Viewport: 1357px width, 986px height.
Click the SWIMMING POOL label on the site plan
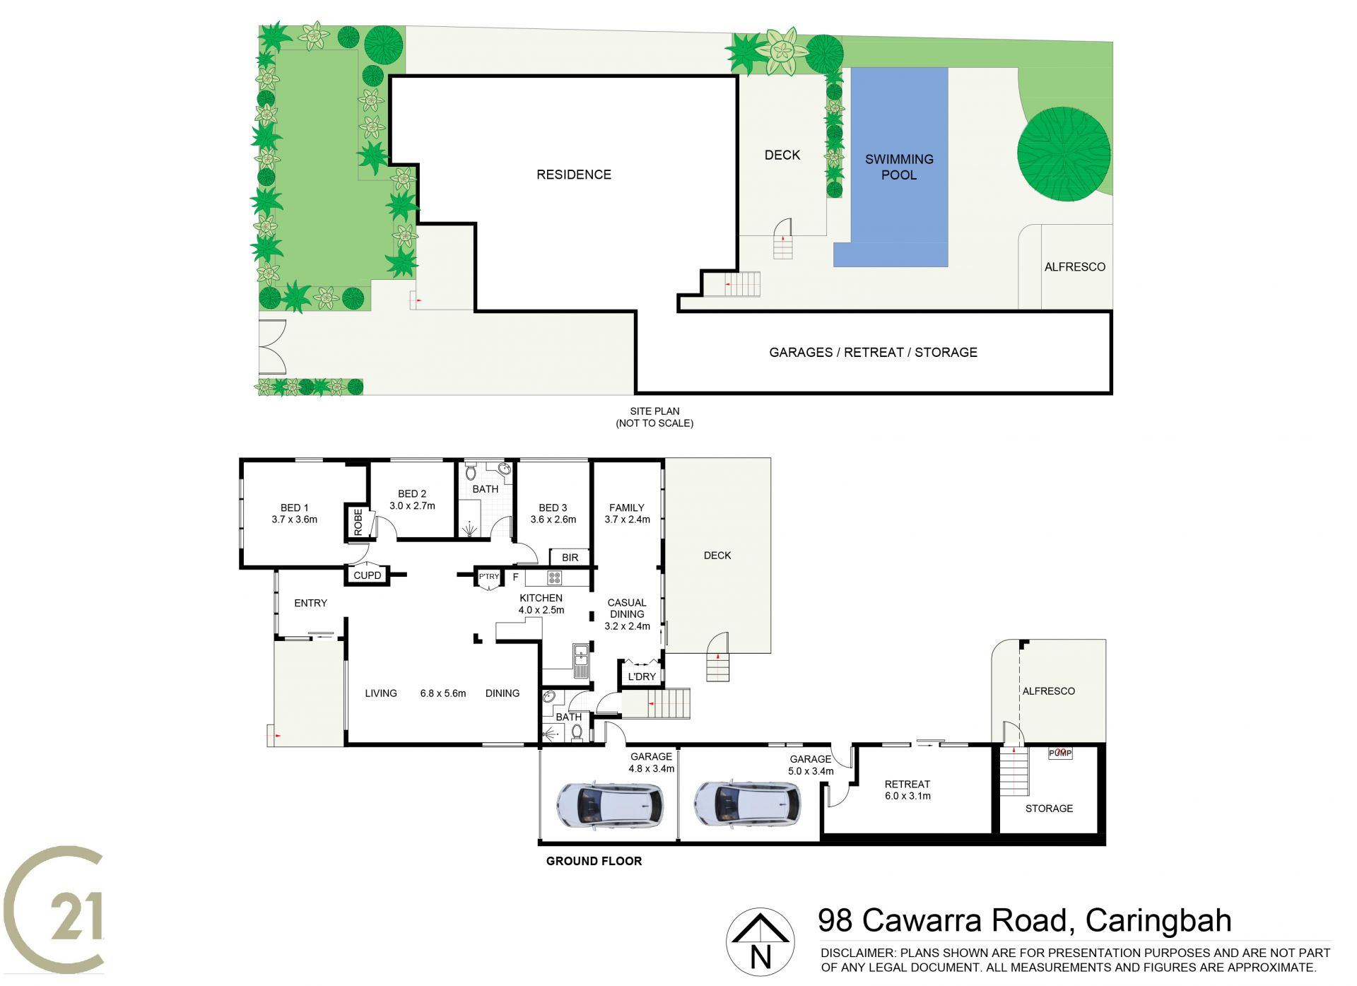point(899,167)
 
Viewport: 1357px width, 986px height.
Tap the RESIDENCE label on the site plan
point(573,175)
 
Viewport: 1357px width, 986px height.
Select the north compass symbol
point(760,941)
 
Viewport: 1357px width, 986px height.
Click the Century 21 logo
point(54,910)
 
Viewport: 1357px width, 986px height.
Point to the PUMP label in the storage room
point(1060,753)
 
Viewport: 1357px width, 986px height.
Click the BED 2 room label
point(412,500)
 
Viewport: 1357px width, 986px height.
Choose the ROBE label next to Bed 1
point(358,522)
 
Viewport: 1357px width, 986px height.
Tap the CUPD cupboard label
point(367,575)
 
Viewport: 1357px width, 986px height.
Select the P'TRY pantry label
point(489,577)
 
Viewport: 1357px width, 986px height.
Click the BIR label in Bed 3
point(570,558)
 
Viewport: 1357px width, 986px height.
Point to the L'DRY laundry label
point(642,676)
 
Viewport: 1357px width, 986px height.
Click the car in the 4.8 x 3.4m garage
point(610,804)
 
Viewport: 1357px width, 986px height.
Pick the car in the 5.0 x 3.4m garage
point(747,804)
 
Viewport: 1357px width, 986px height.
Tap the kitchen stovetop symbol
point(555,578)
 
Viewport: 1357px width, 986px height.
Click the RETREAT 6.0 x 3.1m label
point(907,790)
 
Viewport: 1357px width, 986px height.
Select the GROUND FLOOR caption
point(594,861)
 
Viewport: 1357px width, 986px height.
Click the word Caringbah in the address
point(1158,921)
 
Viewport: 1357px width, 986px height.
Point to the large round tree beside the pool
point(1064,153)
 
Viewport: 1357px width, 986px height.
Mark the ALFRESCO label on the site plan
point(1075,266)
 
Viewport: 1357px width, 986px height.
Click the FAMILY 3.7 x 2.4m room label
point(627,513)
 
